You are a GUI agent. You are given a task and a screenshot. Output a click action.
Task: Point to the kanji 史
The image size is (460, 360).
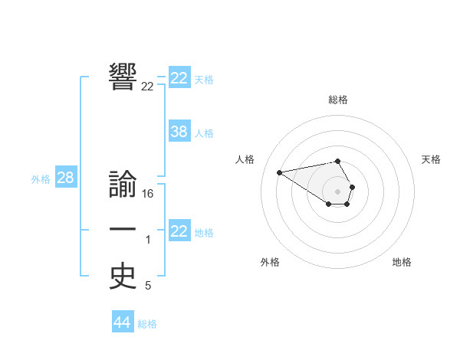click(x=123, y=277)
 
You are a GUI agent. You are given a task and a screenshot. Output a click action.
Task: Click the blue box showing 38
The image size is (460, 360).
click(x=179, y=132)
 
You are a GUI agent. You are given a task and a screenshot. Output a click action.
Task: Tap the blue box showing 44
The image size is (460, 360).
click(x=122, y=322)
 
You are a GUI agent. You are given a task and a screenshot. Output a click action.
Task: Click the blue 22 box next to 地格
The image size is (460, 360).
click(x=179, y=231)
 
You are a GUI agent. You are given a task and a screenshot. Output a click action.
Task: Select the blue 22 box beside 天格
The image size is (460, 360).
click(x=179, y=78)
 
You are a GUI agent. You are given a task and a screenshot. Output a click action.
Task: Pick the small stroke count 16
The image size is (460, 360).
click(x=148, y=195)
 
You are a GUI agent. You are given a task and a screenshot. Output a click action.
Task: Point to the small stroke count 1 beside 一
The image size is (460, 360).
click(x=148, y=241)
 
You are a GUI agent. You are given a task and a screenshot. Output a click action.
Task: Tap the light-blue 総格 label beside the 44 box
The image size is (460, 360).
click(x=147, y=324)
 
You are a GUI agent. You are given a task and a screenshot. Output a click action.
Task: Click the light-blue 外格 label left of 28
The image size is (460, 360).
click(x=41, y=179)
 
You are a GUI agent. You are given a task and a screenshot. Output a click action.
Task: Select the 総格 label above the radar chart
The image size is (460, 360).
click(x=338, y=100)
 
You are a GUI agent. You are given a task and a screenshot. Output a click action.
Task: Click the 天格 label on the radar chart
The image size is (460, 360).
click(x=432, y=159)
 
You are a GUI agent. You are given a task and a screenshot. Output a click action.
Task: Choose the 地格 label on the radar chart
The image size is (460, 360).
click(x=402, y=262)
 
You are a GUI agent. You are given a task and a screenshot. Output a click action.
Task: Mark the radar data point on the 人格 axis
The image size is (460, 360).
click(x=279, y=172)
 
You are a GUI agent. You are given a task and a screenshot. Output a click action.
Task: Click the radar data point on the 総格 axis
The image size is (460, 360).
click(x=338, y=161)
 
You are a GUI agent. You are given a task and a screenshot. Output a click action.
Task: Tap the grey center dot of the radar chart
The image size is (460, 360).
click(x=338, y=191)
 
